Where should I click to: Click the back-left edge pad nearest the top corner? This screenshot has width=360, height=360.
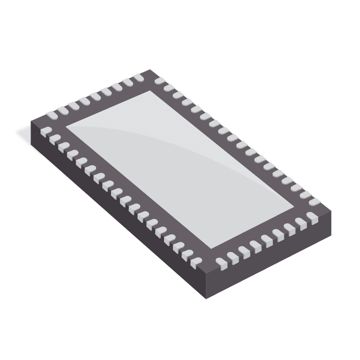tap(138, 79)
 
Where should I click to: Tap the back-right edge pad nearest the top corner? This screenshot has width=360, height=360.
tap(159, 80)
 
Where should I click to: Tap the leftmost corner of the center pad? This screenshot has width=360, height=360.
tap(67, 125)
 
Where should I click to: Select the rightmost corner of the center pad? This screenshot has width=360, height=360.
tap(294, 207)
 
